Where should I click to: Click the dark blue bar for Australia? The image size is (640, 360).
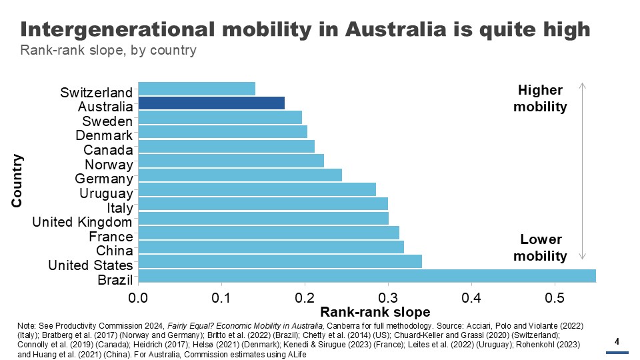coord(211,103)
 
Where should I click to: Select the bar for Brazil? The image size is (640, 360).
coord(367,276)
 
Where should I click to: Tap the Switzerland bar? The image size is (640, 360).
coord(197,89)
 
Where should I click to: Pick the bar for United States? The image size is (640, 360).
coord(280,261)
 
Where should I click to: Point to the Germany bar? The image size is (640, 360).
coord(240,175)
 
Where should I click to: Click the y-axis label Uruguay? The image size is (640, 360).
coord(106,193)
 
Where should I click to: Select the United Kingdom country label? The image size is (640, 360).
coord(83,222)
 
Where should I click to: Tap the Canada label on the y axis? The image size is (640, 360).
coord(108,150)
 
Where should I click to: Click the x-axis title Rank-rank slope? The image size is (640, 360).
coord(375,311)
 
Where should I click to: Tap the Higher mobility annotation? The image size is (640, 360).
coord(540,98)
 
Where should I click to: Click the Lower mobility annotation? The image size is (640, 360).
coord(541,247)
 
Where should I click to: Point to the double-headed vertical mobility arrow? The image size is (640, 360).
coord(583,171)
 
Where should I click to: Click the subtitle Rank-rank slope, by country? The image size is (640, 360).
coord(108,50)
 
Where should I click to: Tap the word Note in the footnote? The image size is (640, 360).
coord(27,325)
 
